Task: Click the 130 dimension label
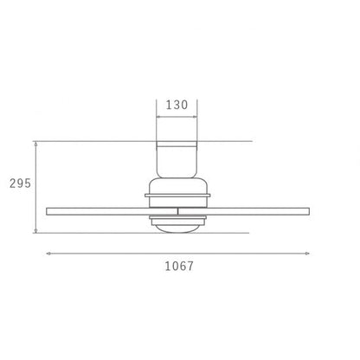(177, 105)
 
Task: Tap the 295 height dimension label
(20, 183)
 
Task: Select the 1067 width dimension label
(179, 266)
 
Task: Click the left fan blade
(112, 211)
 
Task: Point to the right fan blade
(244, 211)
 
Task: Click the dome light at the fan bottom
(177, 228)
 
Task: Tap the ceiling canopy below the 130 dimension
(177, 159)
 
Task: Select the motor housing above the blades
(177, 192)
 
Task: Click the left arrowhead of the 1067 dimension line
(48, 254)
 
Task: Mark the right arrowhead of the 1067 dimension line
(307, 254)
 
